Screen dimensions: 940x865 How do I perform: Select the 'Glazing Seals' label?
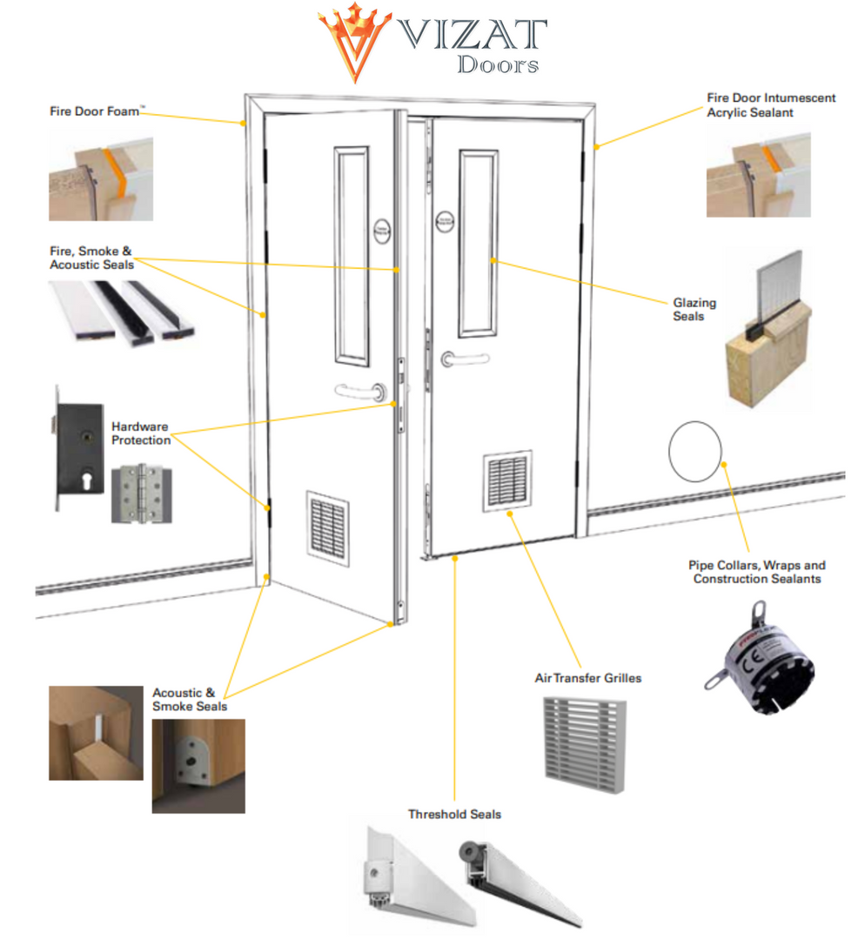click(694, 309)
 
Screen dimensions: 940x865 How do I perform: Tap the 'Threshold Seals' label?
click(454, 815)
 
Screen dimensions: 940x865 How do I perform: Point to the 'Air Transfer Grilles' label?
click(587, 677)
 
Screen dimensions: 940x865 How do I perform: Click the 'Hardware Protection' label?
click(141, 433)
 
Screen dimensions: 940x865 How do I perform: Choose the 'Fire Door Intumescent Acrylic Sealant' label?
click(771, 105)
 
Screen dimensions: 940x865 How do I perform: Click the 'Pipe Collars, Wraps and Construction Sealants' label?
click(757, 572)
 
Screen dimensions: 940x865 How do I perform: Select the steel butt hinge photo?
click(141, 493)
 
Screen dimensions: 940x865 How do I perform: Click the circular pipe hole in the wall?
click(694, 451)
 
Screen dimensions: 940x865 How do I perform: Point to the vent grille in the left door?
click(326, 524)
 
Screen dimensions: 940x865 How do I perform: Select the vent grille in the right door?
click(508, 480)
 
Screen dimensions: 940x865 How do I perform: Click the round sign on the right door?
click(444, 223)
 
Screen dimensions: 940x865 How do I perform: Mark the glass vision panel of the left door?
click(352, 256)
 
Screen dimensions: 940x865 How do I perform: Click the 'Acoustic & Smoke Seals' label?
click(190, 700)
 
